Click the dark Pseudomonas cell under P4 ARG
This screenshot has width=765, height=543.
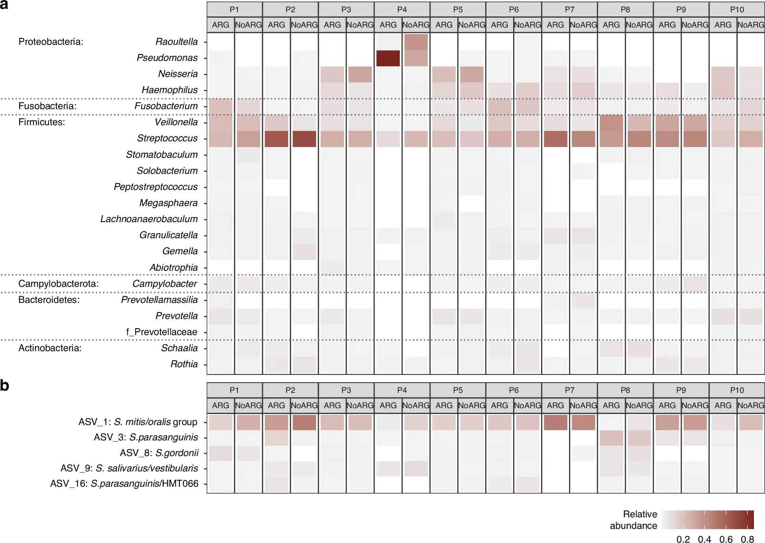click(388, 58)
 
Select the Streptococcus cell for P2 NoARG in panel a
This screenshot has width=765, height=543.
click(304, 139)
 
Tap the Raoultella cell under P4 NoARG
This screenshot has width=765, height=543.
click(416, 42)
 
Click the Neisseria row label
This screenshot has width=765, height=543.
click(178, 74)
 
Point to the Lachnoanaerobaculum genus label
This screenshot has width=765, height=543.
click(149, 219)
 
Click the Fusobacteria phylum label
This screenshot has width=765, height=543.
click(47, 106)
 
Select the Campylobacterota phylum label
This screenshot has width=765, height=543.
click(59, 284)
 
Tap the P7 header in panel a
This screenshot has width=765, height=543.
click(569, 10)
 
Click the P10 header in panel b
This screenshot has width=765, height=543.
click(737, 390)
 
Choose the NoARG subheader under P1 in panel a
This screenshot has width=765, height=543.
click(248, 25)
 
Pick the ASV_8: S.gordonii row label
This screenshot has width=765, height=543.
click(159, 453)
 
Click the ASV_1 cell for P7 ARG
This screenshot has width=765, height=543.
click(555, 422)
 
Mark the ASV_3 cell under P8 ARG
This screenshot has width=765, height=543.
click(611, 438)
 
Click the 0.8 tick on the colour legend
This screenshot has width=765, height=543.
click(747, 539)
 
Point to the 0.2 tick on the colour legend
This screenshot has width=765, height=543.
click(683, 539)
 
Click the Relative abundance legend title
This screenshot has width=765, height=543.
click(634, 520)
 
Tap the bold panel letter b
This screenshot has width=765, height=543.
click(5, 386)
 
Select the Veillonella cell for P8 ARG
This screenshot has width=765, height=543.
click(611, 123)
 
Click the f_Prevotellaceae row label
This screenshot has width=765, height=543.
click(161, 332)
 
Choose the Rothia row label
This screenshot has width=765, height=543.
click(184, 364)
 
